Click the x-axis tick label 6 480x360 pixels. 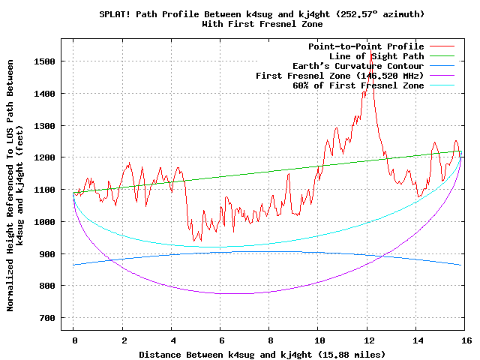[x=220, y=340]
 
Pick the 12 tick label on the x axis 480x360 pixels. [x=367, y=340]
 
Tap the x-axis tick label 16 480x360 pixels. [x=466, y=340]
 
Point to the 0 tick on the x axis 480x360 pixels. [x=73, y=340]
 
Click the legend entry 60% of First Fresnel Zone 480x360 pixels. [x=358, y=85]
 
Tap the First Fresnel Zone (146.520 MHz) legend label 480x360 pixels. [x=340, y=76]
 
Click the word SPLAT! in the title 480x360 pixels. [x=116, y=14]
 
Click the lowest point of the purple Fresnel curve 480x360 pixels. [x=240, y=293]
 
